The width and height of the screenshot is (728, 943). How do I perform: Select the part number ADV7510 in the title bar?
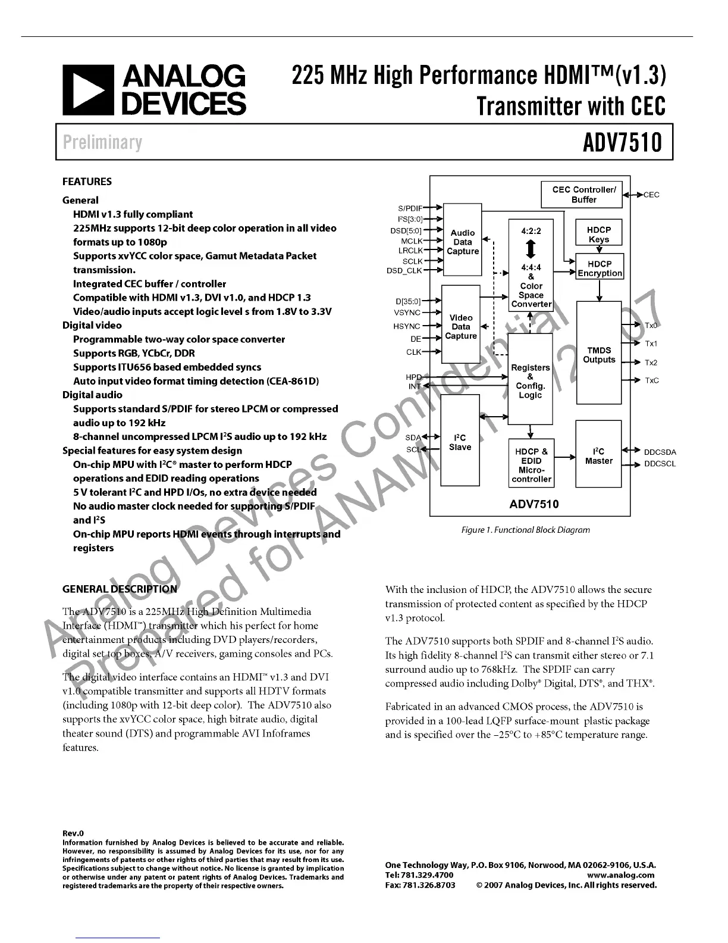tap(622, 143)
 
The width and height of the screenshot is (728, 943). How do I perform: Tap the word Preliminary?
tap(102, 143)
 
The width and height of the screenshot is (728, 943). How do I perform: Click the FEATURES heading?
tap(87, 182)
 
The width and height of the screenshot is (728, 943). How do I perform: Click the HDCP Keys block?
tap(599, 235)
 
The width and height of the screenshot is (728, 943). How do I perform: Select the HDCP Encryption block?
tap(600, 268)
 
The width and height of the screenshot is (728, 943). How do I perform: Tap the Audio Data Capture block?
tap(463, 242)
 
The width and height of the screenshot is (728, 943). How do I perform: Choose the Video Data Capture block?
tap(461, 327)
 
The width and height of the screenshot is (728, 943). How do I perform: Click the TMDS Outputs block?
tap(599, 355)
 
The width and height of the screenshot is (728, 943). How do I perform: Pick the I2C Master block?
tap(598, 456)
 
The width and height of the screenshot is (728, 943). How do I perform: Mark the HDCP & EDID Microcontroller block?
tap(531, 465)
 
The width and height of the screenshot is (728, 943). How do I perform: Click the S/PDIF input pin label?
tap(410, 208)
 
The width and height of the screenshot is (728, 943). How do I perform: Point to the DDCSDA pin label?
tap(660, 452)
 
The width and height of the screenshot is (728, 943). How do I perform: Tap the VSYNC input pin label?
tap(407, 313)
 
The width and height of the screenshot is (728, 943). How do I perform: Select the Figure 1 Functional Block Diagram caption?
tap(526, 530)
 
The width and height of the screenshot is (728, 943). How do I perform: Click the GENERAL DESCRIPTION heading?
tap(120, 589)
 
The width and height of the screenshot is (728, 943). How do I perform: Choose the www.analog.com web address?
tap(620, 875)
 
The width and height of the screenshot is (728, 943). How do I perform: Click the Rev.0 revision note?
tap(73, 833)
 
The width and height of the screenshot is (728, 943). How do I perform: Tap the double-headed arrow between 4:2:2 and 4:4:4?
tap(531, 249)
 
